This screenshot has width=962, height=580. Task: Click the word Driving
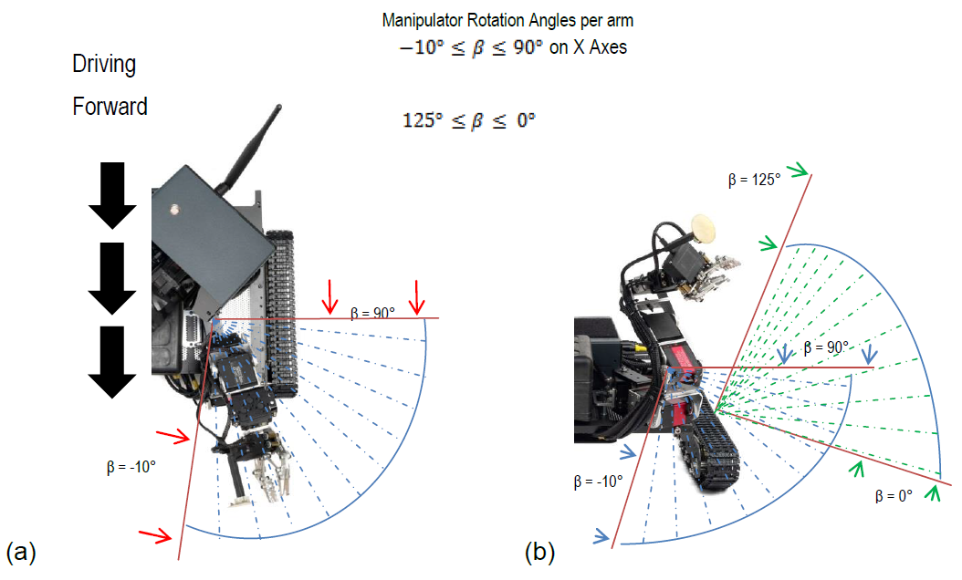point(104,65)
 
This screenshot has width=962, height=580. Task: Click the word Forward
point(110,107)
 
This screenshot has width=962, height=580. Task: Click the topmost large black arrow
point(112,195)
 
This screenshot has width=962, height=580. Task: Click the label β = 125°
point(754,181)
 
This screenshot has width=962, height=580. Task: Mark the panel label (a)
point(20,552)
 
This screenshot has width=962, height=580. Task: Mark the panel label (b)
point(539,552)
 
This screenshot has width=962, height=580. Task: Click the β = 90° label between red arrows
point(372,312)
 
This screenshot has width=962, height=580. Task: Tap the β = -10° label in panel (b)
point(598,481)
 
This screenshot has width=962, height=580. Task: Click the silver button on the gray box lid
point(173,209)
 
